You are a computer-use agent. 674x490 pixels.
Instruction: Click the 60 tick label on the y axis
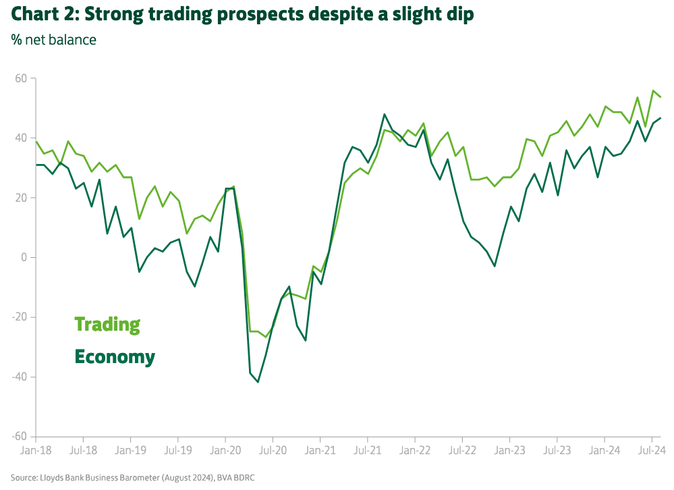pos(20,78)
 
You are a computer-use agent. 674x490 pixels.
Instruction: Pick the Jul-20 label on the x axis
pos(273,450)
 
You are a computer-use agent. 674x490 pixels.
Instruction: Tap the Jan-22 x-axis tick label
pos(416,450)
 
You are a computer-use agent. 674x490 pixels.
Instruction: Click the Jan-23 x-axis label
pos(511,450)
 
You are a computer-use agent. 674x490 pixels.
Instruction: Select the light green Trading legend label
pos(107,325)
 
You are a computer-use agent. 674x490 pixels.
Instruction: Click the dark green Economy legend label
pos(115,356)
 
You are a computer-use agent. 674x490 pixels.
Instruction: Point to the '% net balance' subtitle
pos(54,40)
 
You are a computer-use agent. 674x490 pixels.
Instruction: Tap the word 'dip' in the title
pos(459,14)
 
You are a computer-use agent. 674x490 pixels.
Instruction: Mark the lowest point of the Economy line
pos(258,382)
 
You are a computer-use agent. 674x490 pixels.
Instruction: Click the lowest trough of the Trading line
pos(266,337)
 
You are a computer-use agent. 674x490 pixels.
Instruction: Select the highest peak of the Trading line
pos(653,90)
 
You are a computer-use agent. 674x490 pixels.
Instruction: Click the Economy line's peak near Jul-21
pos(384,115)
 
